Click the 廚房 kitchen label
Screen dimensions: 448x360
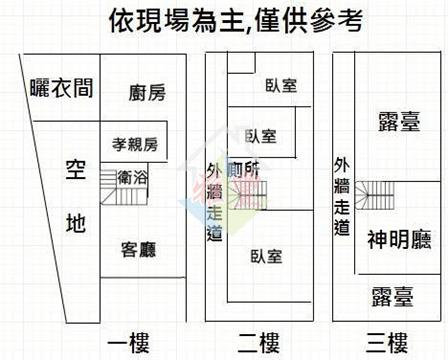[x=147, y=93]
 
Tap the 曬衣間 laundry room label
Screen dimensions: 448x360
[x=61, y=88]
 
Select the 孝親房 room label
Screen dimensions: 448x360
[x=135, y=145]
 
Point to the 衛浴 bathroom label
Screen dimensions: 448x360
[x=132, y=177]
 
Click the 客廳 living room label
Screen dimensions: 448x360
[x=138, y=250]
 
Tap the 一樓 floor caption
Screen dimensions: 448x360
[x=128, y=343]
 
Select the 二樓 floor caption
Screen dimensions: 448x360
[x=258, y=343]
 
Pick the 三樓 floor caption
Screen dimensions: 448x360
[x=387, y=343]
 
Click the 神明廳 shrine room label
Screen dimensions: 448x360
[x=399, y=239]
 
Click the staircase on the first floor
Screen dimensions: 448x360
[x=124, y=187]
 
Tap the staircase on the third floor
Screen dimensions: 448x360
[x=374, y=195]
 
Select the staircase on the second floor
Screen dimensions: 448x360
[x=247, y=195]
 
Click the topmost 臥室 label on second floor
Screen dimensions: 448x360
[x=281, y=86]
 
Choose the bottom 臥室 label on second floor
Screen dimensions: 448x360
[x=266, y=256]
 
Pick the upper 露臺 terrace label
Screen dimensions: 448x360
[x=399, y=121]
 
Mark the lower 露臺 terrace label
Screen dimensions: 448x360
[x=393, y=297]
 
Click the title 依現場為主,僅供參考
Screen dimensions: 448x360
[x=236, y=21]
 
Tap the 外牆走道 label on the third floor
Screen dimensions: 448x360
[x=342, y=197]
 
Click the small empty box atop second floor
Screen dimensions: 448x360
[x=241, y=62]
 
